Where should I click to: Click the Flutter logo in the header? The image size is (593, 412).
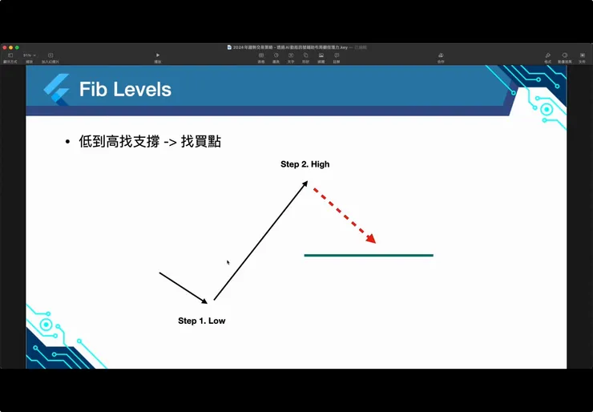[56, 90]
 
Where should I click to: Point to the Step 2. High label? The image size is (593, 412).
[305, 164]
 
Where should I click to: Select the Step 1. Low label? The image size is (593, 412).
[201, 321]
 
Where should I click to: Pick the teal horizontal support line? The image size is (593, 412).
[369, 255]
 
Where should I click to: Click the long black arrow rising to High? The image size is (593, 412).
[260, 240]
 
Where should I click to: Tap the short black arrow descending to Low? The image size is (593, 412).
[184, 288]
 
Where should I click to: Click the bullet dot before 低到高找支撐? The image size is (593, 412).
[67, 143]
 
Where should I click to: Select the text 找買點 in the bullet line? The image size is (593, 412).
[200, 142]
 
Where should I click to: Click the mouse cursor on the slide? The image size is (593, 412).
[228, 262]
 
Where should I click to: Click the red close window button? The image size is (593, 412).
[4, 47]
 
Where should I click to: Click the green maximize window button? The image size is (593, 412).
[17, 47]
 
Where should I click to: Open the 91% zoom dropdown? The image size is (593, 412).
[30, 55]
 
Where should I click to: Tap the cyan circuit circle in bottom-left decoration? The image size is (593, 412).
[46, 325]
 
